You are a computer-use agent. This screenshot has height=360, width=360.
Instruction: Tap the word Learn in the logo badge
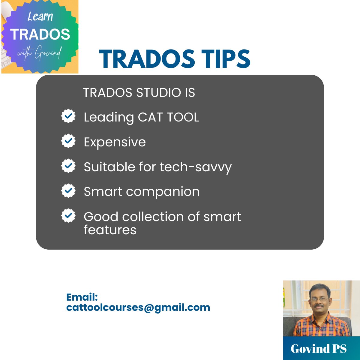click(x=40, y=16)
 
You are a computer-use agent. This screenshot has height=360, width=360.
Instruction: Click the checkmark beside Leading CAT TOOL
click(x=68, y=116)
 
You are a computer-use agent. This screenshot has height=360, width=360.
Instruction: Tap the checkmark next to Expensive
click(x=68, y=141)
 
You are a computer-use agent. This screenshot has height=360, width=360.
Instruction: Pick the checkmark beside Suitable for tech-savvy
click(x=68, y=166)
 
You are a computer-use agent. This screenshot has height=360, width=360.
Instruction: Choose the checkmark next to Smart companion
click(x=68, y=191)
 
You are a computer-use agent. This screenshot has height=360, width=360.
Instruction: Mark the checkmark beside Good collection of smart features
click(x=68, y=216)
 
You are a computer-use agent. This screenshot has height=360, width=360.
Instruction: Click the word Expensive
click(x=115, y=142)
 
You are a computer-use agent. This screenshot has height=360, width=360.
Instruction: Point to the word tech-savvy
click(x=196, y=167)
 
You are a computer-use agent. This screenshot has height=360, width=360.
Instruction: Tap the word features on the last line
click(x=110, y=230)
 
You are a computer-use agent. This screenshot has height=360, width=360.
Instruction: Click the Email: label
click(x=82, y=297)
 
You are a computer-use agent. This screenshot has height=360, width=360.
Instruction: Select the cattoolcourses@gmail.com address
click(x=138, y=307)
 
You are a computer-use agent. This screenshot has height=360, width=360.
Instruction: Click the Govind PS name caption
click(x=319, y=349)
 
